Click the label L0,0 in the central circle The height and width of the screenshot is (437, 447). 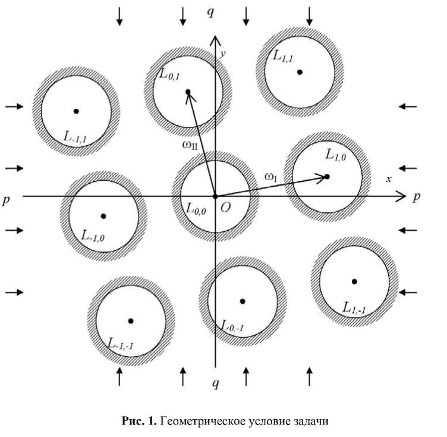(x=196, y=209)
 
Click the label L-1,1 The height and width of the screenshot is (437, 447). (x=76, y=136)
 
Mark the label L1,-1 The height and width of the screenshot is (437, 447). (x=354, y=307)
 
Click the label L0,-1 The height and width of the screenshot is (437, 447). (x=232, y=325)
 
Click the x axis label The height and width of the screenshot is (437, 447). (x=389, y=179)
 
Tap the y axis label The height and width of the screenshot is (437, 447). (x=222, y=54)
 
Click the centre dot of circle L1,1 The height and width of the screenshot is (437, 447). (x=300, y=72)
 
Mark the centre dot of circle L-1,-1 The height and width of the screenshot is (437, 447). (x=131, y=320)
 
